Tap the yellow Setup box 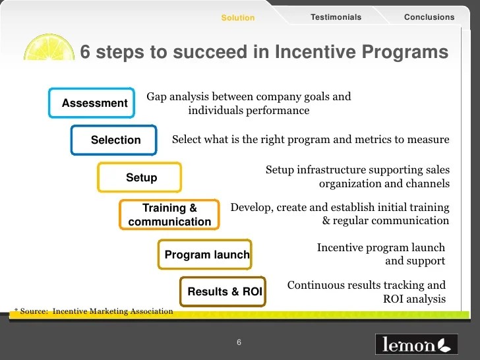tap(139, 177)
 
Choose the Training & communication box tap(169, 215)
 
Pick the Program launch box tap(205, 255)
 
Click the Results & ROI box tap(224, 291)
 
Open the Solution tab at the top tap(237, 18)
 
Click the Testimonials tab tap(336, 17)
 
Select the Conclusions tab tap(429, 17)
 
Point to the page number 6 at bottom tap(239, 342)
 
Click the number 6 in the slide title tap(85, 51)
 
